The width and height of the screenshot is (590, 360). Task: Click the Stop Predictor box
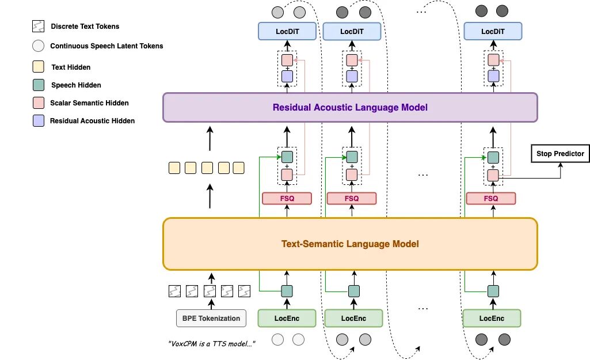pyautogui.click(x=560, y=153)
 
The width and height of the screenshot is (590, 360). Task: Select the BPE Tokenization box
pyautogui.click(x=211, y=318)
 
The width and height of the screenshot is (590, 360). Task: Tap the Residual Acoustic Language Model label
pyautogui.click(x=350, y=107)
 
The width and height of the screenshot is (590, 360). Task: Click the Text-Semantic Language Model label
pyautogui.click(x=350, y=244)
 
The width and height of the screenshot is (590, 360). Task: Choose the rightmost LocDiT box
pyautogui.click(x=493, y=32)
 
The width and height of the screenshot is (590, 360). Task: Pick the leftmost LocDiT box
pyautogui.click(x=287, y=32)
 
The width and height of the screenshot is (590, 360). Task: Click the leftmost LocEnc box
pyautogui.click(x=287, y=318)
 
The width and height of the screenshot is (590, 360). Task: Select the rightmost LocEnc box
pyautogui.click(x=492, y=318)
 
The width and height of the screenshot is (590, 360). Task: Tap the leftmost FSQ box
pyautogui.click(x=287, y=198)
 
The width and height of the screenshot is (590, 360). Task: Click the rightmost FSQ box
pyautogui.click(x=491, y=198)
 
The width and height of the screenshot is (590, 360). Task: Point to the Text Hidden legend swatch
pyautogui.click(x=39, y=67)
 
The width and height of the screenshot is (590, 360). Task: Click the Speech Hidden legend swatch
pyautogui.click(x=39, y=85)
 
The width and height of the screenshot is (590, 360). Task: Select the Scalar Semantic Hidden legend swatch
pyautogui.click(x=39, y=103)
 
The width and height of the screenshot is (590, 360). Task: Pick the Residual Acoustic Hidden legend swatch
pyautogui.click(x=39, y=120)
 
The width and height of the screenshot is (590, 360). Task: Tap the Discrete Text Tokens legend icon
pyautogui.click(x=39, y=26)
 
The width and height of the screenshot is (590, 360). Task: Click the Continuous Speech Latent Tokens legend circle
pyautogui.click(x=39, y=46)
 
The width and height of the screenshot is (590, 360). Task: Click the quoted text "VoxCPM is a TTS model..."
pyautogui.click(x=211, y=344)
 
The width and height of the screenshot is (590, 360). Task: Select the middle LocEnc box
pyautogui.click(x=353, y=318)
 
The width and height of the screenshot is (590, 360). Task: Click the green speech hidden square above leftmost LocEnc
pyautogui.click(x=287, y=291)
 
